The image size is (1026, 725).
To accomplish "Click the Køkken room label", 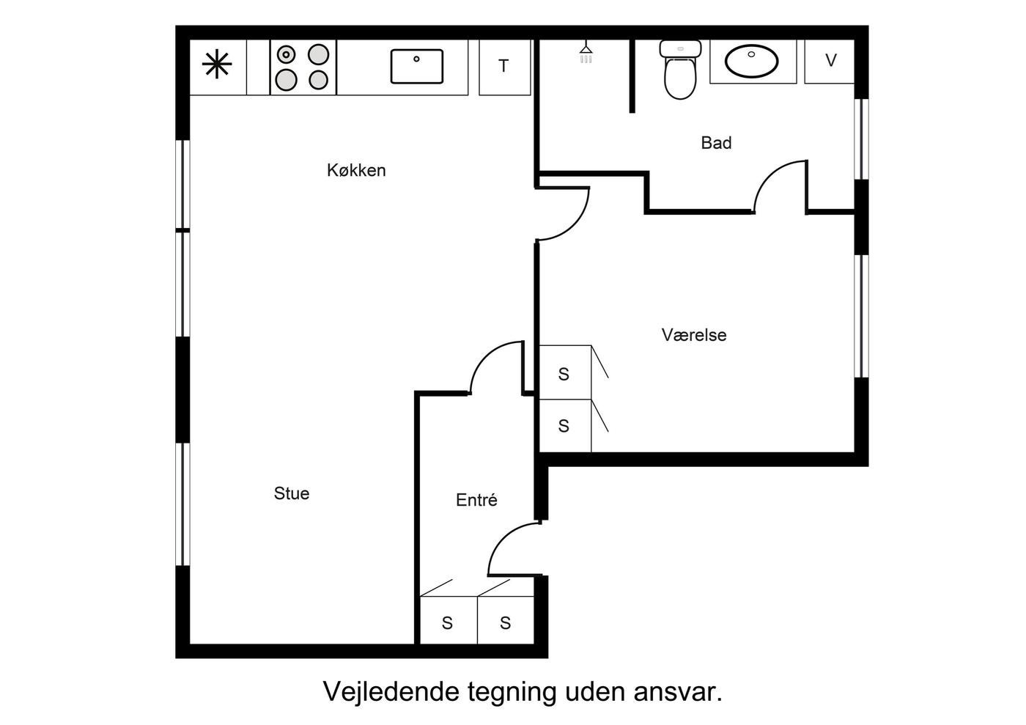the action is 356,171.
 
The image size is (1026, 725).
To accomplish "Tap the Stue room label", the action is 292,493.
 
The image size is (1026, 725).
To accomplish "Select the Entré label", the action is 476,499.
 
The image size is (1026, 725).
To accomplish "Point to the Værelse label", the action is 694,335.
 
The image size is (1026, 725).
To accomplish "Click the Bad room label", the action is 717,143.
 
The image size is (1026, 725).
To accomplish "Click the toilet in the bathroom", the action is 680,69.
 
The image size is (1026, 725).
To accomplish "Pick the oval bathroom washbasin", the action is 752,61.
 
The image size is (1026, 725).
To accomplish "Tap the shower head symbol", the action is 586,54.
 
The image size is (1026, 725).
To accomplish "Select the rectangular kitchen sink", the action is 417,67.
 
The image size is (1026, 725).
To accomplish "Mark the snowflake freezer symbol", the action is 217,65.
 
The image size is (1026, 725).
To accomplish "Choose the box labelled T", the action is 504,67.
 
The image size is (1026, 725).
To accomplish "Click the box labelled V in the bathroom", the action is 830,62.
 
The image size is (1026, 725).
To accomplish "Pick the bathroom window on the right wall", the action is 862,139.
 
